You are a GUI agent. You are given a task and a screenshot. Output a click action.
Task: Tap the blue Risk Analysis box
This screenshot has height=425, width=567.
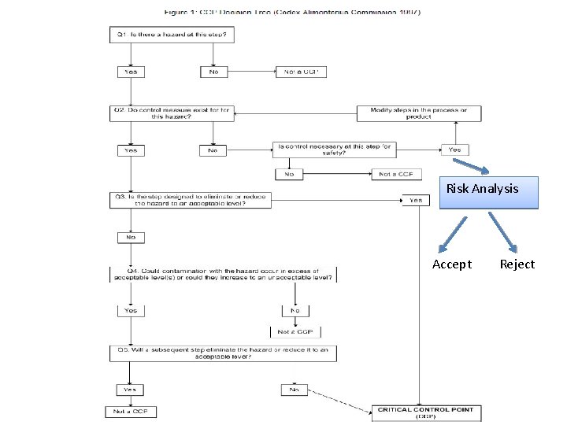tap(489, 192)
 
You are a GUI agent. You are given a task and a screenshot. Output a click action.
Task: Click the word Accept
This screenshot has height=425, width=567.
tap(452, 264)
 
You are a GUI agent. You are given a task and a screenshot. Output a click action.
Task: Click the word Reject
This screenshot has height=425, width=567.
tap(517, 264)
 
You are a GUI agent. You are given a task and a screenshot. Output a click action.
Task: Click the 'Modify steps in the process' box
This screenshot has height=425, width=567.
tap(418, 113)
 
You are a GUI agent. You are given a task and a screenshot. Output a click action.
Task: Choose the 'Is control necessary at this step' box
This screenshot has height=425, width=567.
tap(334, 149)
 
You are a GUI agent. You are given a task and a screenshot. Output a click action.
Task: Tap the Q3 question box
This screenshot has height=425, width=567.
tap(191, 200)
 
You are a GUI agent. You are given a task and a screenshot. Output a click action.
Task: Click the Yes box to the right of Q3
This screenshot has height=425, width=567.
tap(416, 200)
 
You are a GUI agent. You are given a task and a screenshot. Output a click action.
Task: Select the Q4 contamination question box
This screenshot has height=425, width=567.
tap(223, 274)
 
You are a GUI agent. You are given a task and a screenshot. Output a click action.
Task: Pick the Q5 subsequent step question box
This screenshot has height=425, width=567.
tap(223, 353)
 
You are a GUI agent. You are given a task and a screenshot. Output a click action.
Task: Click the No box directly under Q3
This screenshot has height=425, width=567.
tap(130, 237)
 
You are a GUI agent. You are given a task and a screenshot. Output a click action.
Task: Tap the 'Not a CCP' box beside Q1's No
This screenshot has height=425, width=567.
tap(300, 72)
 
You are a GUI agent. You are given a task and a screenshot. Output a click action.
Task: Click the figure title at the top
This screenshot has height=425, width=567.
tap(291, 13)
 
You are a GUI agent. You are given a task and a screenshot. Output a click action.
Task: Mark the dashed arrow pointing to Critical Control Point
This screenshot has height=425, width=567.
tap(339, 401)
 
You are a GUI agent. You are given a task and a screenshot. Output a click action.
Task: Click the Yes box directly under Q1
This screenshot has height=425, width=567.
tap(130, 72)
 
